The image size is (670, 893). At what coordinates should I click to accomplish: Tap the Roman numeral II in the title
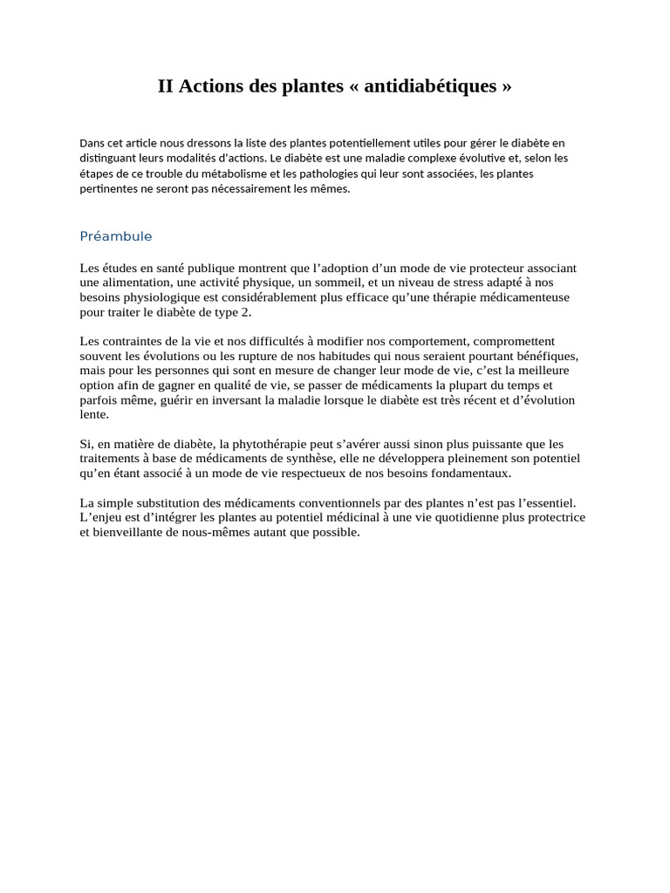(x=166, y=86)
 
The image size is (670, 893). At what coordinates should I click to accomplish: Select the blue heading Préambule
(x=116, y=236)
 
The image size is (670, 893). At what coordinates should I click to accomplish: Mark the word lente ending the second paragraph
(x=93, y=415)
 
